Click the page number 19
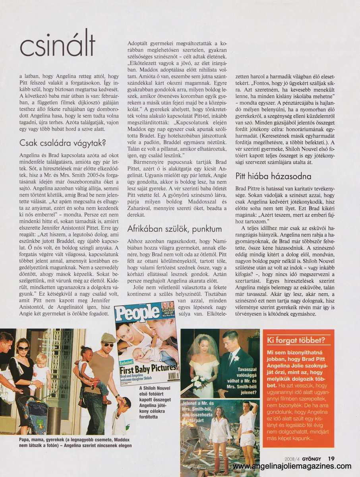(x=331, y=458)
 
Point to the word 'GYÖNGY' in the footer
(x=314, y=458)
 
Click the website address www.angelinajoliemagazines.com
(x=292, y=466)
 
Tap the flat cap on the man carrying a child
(x=108, y=338)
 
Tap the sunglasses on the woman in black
(x=23, y=348)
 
